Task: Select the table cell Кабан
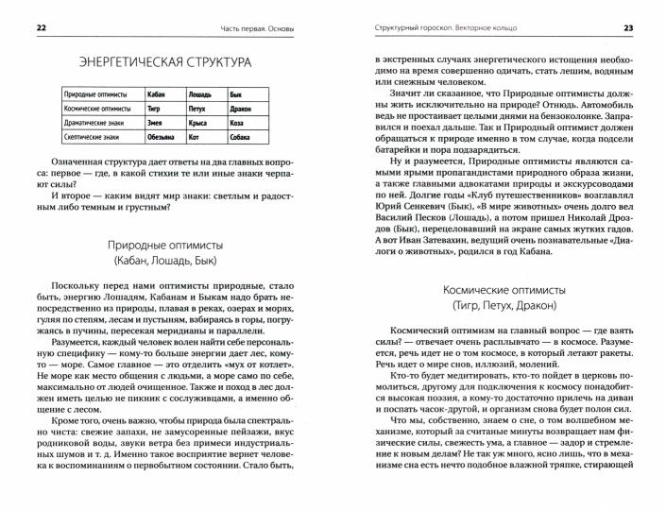click(159, 95)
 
